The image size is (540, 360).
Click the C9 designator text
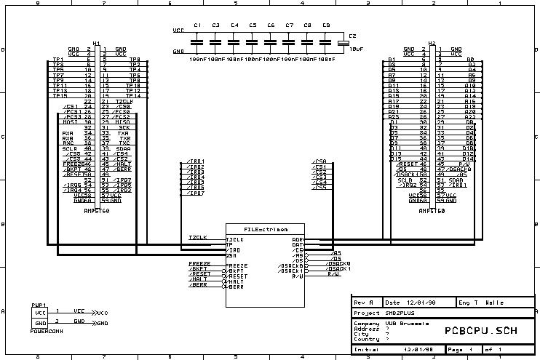pos(325,25)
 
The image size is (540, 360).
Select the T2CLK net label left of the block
pos(197,238)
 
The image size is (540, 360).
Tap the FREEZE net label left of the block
pos(199,263)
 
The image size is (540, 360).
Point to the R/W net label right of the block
pos(334,274)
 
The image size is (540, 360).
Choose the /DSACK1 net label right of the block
pos(340,269)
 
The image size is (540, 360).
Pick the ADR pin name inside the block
pos(297,239)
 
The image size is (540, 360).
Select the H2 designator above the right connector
pos(432,44)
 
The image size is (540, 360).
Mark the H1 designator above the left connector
pos(97,44)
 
